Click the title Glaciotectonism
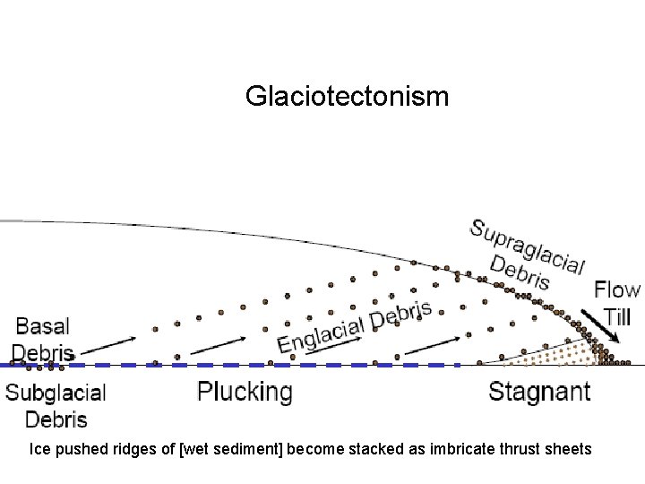tap(347, 96)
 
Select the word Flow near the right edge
tap(617, 290)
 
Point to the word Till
tap(620, 316)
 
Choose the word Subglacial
tap(56, 393)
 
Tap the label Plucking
tap(245, 392)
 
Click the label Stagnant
tap(539, 392)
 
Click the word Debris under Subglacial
tap(56, 418)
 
